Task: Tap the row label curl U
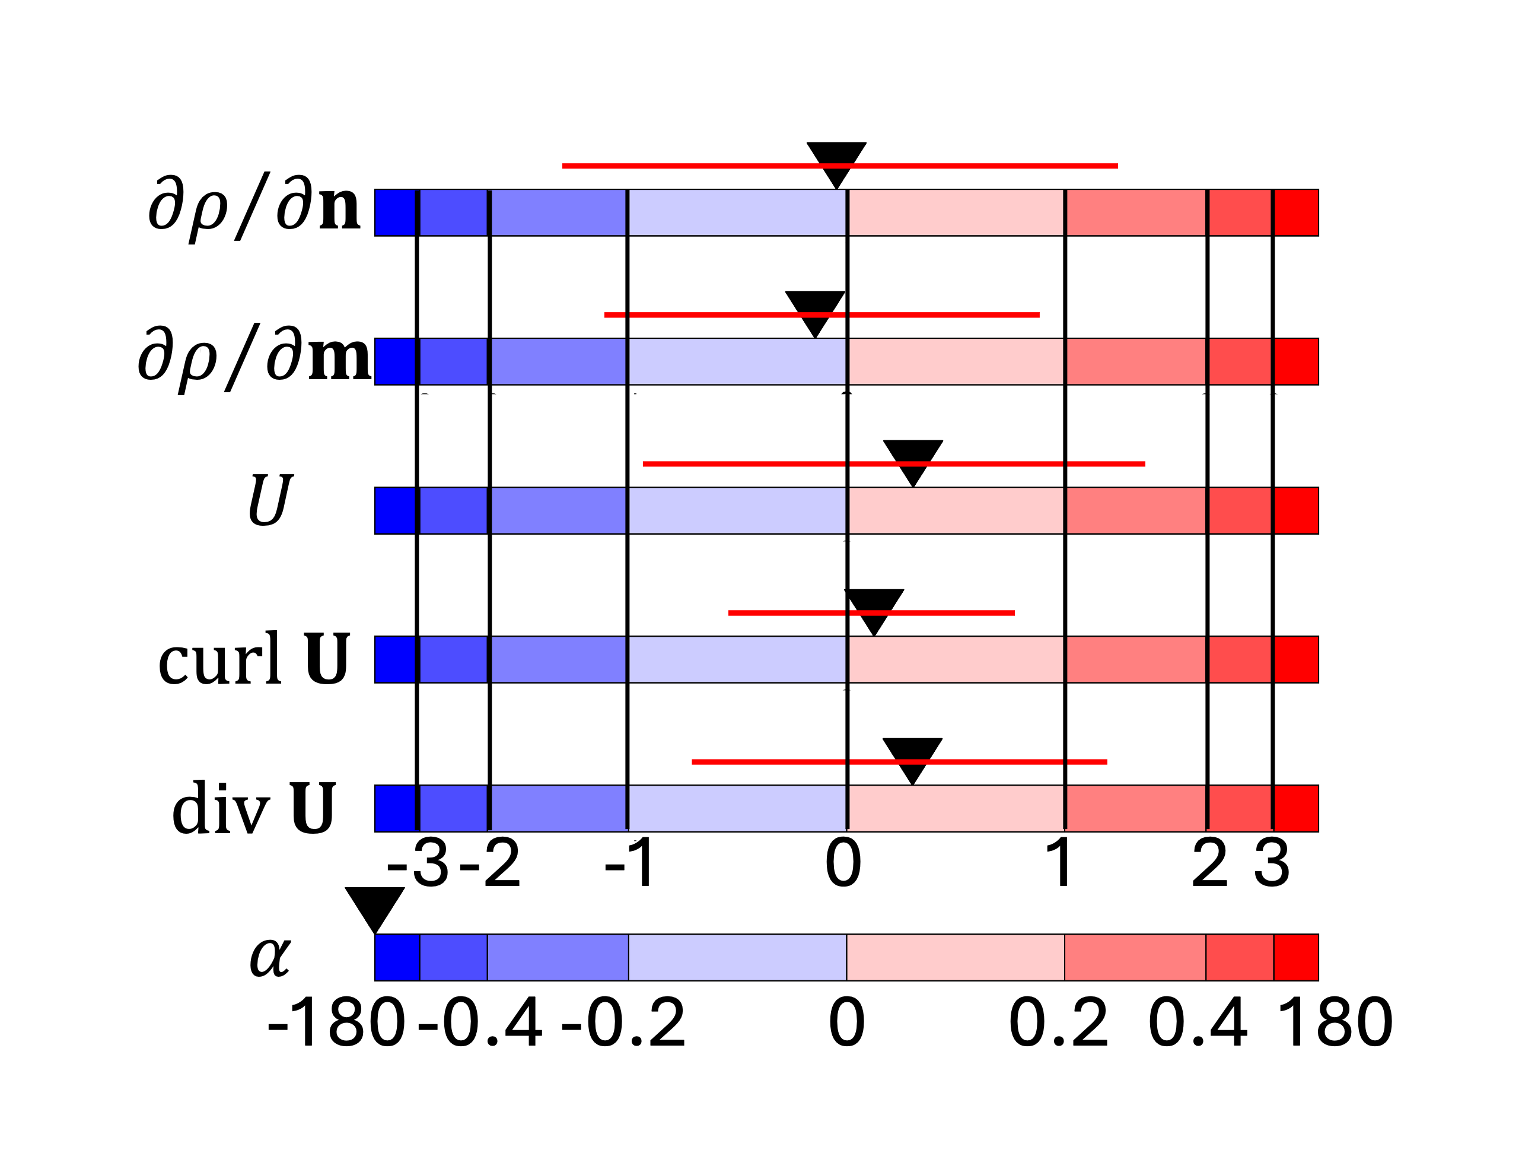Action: coord(254,659)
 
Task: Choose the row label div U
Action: coord(254,808)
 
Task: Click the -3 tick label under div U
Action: coord(418,862)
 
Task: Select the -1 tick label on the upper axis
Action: coord(629,862)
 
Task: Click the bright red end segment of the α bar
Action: coord(1295,957)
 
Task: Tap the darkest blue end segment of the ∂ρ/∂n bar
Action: coord(396,212)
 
